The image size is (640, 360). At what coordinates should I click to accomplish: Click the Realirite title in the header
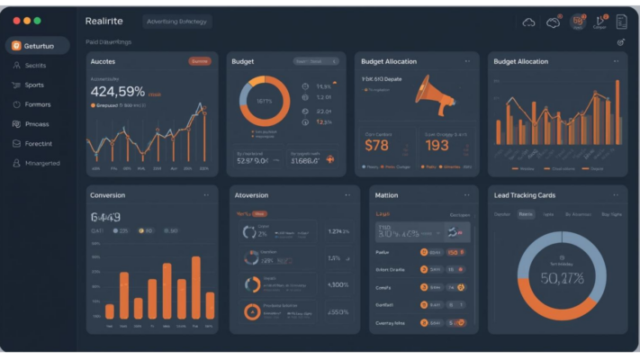click(x=104, y=21)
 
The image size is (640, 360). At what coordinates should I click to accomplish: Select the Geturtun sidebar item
click(x=38, y=46)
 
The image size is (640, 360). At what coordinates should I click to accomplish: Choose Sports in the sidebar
click(x=34, y=85)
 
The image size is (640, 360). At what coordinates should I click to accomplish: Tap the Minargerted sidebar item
click(x=42, y=163)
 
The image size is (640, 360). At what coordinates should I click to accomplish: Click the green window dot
click(x=37, y=20)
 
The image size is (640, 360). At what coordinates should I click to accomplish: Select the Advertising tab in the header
click(x=177, y=21)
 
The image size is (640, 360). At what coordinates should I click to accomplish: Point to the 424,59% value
click(x=118, y=91)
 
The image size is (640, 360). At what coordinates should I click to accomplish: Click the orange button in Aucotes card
click(x=200, y=61)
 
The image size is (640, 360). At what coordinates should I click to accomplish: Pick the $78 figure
click(x=377, y=145)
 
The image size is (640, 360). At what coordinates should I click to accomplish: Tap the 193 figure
click(x=437, y=145)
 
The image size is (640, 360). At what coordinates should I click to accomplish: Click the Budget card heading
click(x=242, y=61)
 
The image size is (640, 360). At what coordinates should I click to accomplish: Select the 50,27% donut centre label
click(x=561, y=278)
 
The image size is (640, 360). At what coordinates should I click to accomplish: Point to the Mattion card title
click(x=386, y=194)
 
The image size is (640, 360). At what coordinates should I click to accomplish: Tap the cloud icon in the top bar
click(x=528, y=22)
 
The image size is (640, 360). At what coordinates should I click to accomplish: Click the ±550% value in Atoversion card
click(x=338, y=312)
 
